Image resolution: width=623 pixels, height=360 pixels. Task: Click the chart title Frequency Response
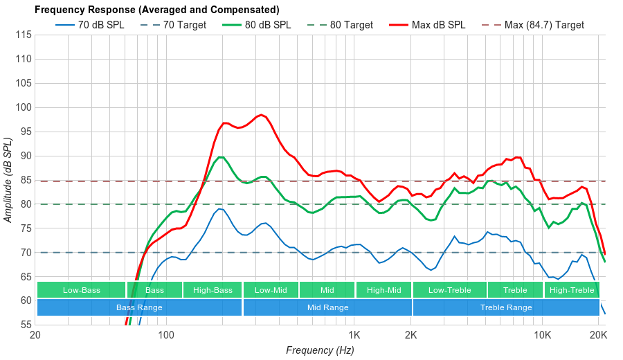pyautogui.click(x=156, y=10)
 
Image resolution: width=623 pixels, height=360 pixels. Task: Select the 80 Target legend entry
pyautogui.click(x=351, y=25)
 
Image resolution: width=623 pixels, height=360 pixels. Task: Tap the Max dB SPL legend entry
pyautogui.click(x=437, y=25)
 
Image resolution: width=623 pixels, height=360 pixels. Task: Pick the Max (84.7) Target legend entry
pyautogui.click(x=544, y=25)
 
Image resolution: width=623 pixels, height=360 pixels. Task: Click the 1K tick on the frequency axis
pyautogui.click(x=354, y=336)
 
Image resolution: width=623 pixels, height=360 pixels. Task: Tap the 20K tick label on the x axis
pyautogui.click(x=598, y=336)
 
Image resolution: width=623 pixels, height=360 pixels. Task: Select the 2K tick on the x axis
pyautogui.click(x=410, y=336)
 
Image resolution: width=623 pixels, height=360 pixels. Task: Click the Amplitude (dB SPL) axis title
pyautogui.click(x=8, y=180)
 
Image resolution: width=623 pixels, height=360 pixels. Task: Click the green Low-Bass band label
pyautogui.click(x=81, y=290)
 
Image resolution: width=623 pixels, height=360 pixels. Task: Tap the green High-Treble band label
pyautogui.click(x=571, y=290)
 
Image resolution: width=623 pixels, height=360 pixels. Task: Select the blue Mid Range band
pyautogui.click(x=327, y=307)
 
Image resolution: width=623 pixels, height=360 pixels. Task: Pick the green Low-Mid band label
pyautogui.click(x=270, y=290)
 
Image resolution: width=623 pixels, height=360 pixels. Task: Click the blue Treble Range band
pyautogui.click(x=506, y=307)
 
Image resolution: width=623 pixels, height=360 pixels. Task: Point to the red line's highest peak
pyautogui.click(x=260, y=115)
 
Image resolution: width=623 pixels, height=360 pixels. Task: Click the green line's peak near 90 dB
pyautogui.click(x=221, y=157)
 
